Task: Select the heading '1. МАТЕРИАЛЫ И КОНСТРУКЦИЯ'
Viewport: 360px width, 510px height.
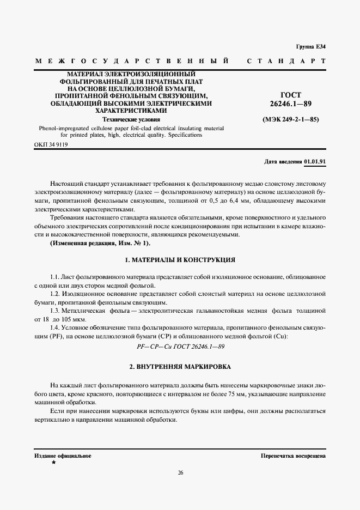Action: (180, 260)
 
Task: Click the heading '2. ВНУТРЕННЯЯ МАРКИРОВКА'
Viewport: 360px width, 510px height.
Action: (180, 367)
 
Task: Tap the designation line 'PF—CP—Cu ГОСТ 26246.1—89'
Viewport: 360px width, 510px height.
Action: (180, 346)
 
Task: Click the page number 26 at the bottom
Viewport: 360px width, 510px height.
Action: (180, 472)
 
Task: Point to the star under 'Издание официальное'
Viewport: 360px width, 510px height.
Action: (53, 462)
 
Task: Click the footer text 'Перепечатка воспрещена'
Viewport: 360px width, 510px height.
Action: (293, 455)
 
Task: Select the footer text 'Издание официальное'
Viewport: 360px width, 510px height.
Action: (63, 455)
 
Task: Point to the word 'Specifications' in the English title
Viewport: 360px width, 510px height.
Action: (184, 134)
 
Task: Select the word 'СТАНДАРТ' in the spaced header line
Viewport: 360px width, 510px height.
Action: (286, 60)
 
